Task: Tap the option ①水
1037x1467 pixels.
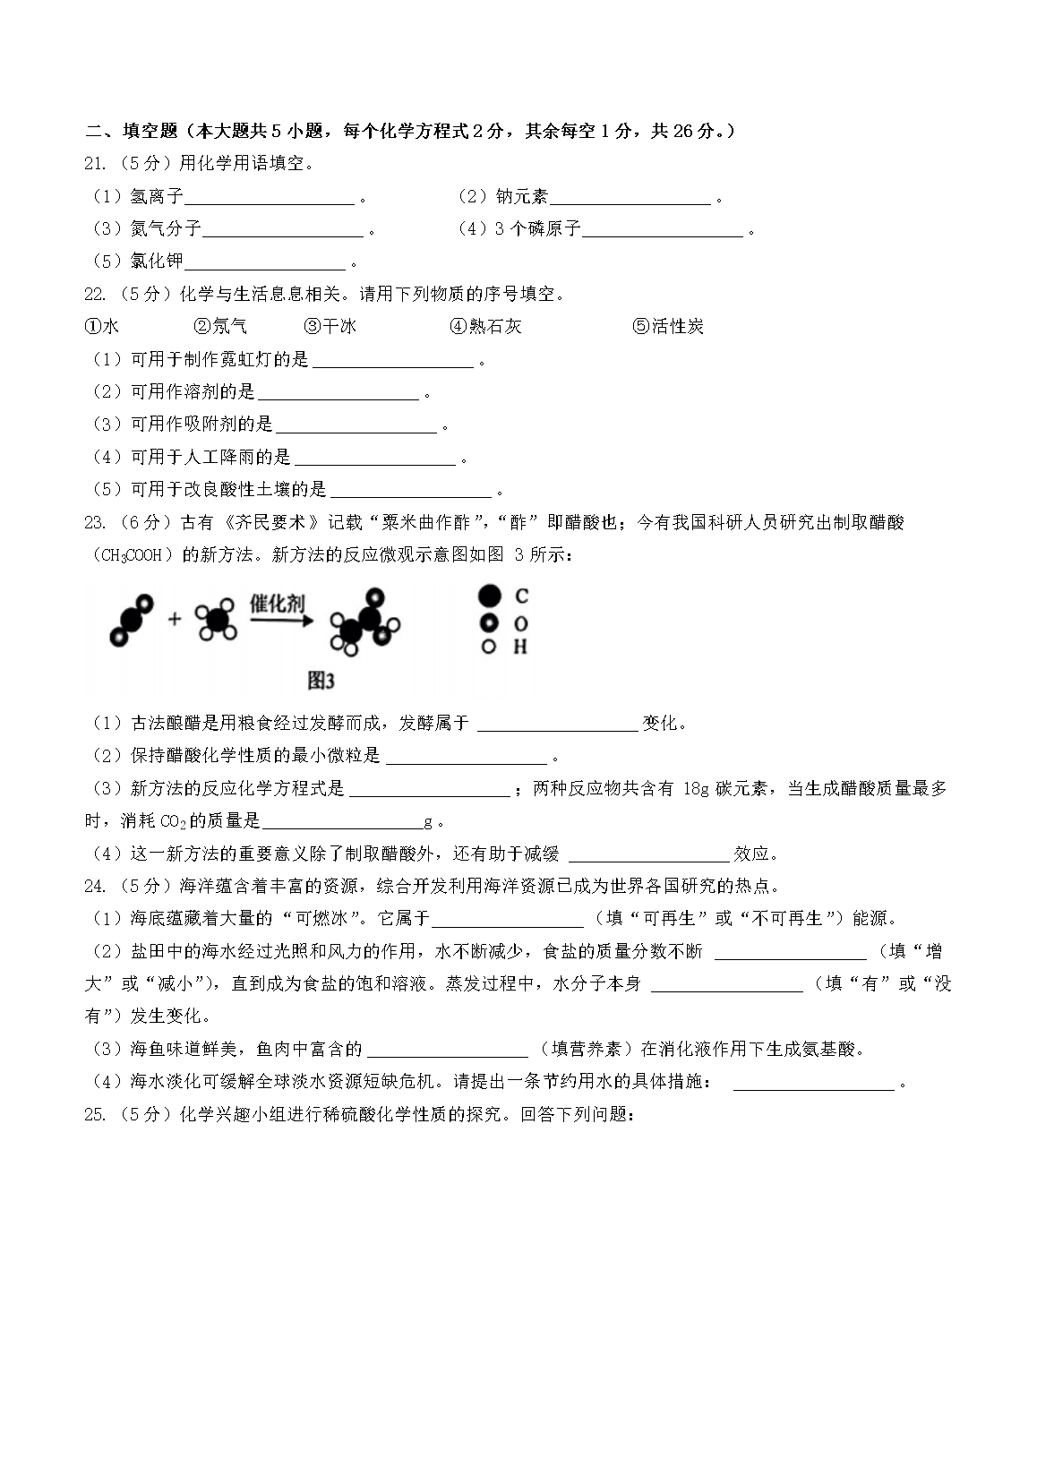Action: tap(101, 327)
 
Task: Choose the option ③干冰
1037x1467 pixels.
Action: tap(330, 327)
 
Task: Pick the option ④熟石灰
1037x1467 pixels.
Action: tap(485, 327)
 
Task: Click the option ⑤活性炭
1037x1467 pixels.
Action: tap(668, 327)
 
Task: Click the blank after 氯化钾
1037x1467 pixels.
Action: tap(264, 262)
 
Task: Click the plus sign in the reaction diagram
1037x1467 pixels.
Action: tap(175, 619)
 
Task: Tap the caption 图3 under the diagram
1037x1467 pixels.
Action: tap(320, 682)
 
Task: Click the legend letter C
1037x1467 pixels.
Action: tap(521, 596)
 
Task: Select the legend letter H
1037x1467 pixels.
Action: tap(520, 647)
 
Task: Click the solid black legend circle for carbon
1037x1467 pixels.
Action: tap(489, 596)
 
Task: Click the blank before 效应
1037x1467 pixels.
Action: tap(649, 854)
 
